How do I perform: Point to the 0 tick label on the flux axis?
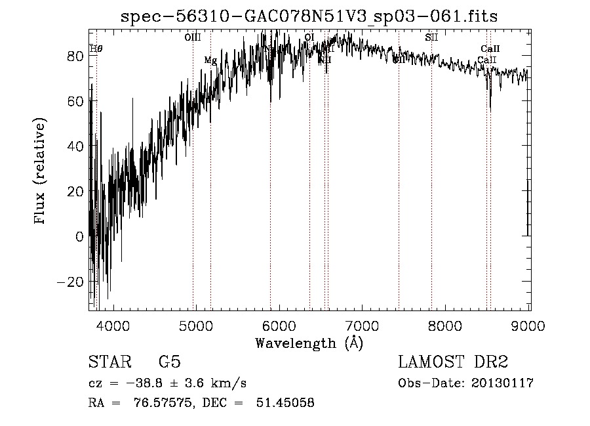[79, 236]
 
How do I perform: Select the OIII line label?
[193, 38]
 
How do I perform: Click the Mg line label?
[210, 60]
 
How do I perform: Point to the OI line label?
[309, 37]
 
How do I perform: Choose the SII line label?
[431, 37]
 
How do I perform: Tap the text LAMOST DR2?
[453, 362]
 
